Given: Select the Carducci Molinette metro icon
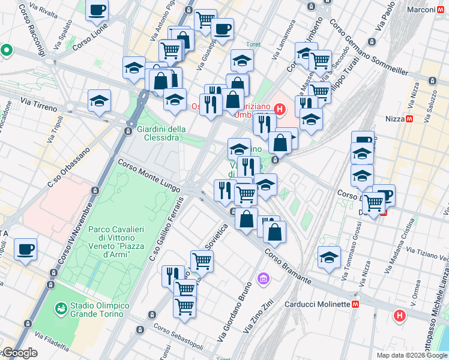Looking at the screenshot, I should coord(356,304).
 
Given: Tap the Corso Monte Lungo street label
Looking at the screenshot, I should coord(148,175).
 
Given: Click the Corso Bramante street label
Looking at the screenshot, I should coord(288,267).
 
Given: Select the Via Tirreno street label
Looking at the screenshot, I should coord(39,105).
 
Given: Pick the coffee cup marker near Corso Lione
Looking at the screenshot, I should coord(97,10).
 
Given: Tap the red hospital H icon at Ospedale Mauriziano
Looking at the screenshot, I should coord(279,109).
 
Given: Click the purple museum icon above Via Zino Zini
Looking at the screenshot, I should coord(263,278).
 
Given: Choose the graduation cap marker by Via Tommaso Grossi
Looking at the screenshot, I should coord(328,257).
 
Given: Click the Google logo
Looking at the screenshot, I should coord(19,353).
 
